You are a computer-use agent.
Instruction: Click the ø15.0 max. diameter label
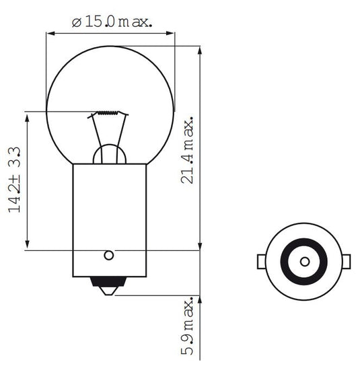[112, 22]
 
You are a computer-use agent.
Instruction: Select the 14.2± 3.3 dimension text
[15, 180]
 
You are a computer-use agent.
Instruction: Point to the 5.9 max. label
[188, 329]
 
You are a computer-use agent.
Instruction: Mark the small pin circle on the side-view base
[108, 255]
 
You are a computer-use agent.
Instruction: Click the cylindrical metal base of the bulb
[109, 215]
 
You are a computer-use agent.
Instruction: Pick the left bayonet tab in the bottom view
[261, 260]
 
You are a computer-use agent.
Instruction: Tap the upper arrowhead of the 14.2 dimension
[27, 116]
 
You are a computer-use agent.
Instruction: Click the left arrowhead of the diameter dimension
[49, 32]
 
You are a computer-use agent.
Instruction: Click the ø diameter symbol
[76, 22]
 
